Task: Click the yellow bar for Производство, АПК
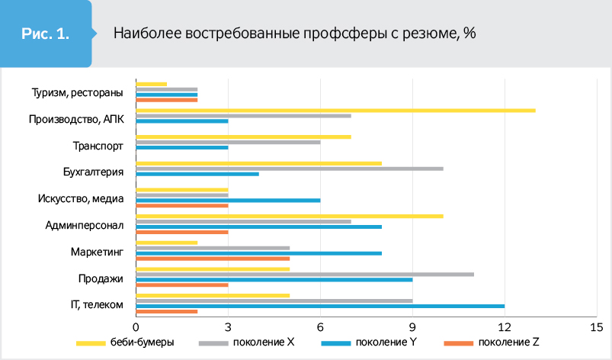tap(335, 111)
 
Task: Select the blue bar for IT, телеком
tap(320, 306)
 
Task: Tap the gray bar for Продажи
tap(305, 274)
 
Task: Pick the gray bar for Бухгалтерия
tap(290, 169)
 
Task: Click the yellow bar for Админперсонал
tap(290, 216)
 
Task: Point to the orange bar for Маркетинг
tap(213, 258)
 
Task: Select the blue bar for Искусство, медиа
tap(228, 200)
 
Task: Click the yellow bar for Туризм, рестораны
tap(151, 84)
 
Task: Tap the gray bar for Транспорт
tap(228, 142)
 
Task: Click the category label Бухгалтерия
tap(93, 172)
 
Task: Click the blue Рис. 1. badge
tap(46, 34)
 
